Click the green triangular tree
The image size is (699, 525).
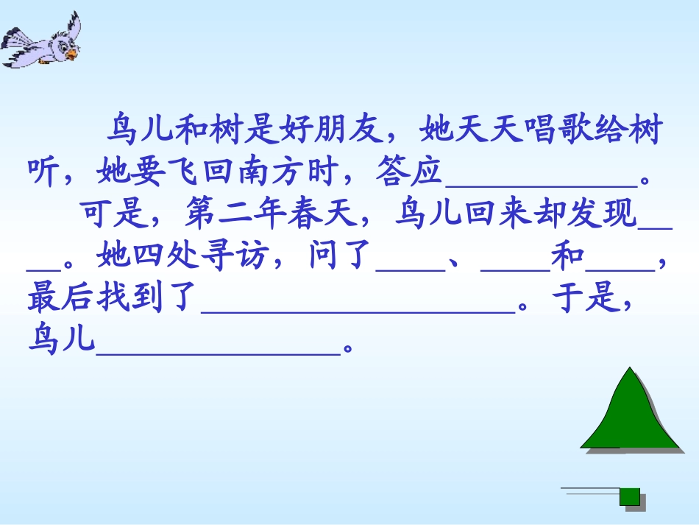coord(628,416)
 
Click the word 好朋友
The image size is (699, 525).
coord(333,132)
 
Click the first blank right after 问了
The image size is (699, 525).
coord(411,267)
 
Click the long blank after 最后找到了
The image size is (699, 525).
coord(358,308)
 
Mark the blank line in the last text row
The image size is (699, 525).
coord(219,349)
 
